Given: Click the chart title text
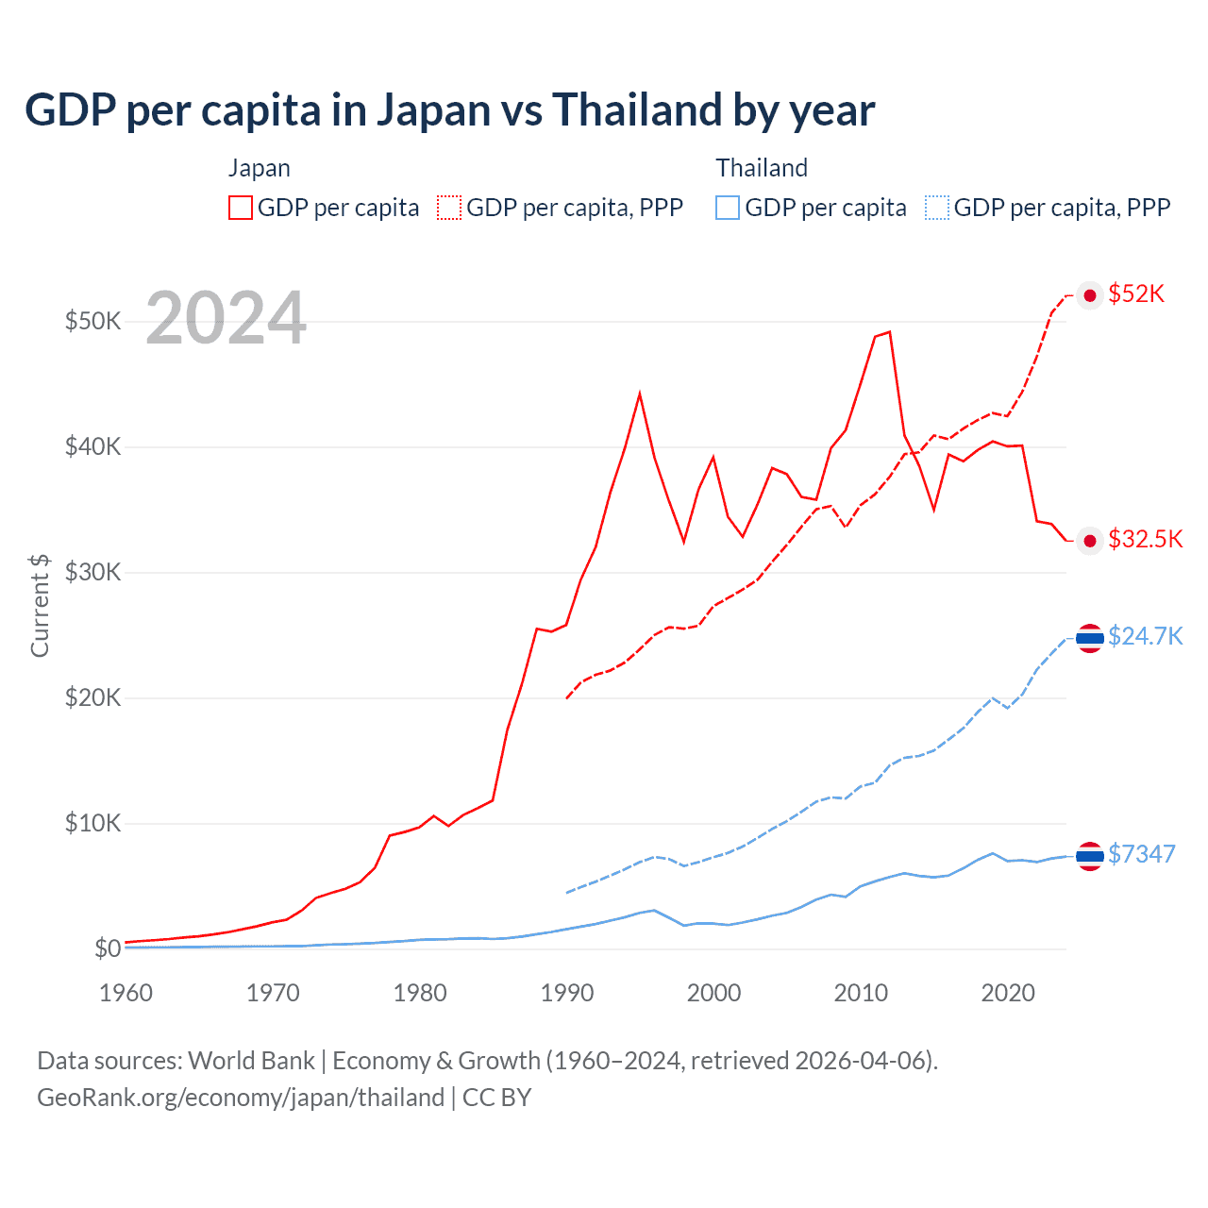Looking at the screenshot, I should coord(449,110).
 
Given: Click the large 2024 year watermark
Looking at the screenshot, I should coord(226,319).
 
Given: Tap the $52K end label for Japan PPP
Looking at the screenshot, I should coord(1136,294).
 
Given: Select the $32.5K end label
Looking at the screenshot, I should coord(1145,539).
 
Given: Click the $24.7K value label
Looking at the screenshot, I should coord(1145,636).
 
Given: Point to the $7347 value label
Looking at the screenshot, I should coord(1141,854).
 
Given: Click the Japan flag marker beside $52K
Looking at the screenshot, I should coord(1090,295).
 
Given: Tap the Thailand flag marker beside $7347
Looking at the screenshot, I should coord(1090,856).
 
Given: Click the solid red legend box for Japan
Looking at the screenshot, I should coord(241,208).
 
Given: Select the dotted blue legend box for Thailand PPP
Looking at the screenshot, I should coord(937,208).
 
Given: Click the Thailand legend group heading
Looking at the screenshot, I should coord(762,168).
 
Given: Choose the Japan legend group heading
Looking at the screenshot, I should coord(259,168).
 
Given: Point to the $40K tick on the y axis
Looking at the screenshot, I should coord(92,446).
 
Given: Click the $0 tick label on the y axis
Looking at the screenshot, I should coord(107,948).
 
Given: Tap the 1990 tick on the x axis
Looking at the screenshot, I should coord(567,993).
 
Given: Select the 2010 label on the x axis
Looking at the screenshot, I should coord(861,993).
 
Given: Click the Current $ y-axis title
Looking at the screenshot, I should coord(40,605).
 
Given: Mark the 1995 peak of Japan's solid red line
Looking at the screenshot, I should coord(640,394).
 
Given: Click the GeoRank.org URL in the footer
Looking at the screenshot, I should coord(241,1098).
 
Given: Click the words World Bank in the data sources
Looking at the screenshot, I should coord(251,1061).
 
